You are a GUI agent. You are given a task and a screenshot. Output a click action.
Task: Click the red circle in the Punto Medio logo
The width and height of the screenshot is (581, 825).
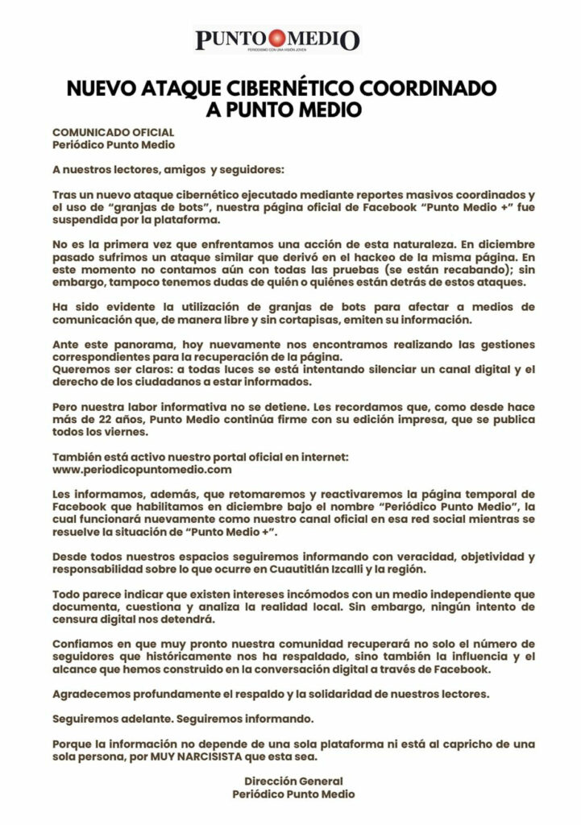(x=278, y=36)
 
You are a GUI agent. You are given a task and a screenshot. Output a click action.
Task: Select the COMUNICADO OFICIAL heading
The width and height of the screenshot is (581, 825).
(x=113, y=132)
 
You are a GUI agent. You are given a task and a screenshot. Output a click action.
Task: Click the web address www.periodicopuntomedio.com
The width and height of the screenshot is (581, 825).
(x=142, y=468)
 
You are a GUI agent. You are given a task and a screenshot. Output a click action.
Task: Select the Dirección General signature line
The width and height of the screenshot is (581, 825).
(x=293, y=781)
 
